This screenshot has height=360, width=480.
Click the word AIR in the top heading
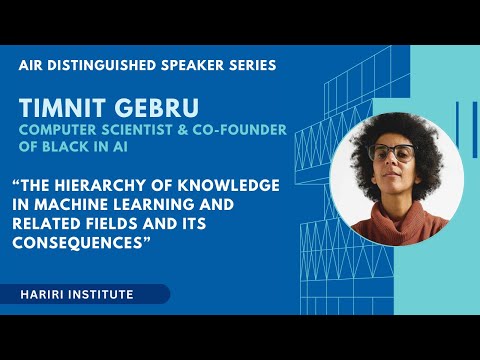(32, 65)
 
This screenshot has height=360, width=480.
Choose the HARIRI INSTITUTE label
(75, 294)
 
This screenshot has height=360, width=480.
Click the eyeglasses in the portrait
(393, 154)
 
